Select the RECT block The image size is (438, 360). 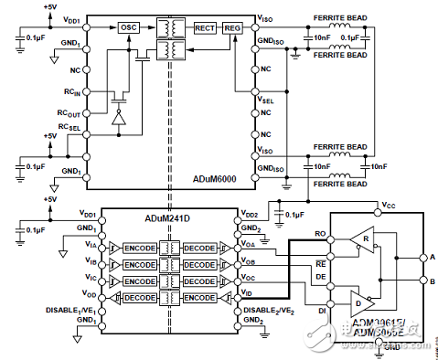click(204, 28)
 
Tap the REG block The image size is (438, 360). click(232, 28)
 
